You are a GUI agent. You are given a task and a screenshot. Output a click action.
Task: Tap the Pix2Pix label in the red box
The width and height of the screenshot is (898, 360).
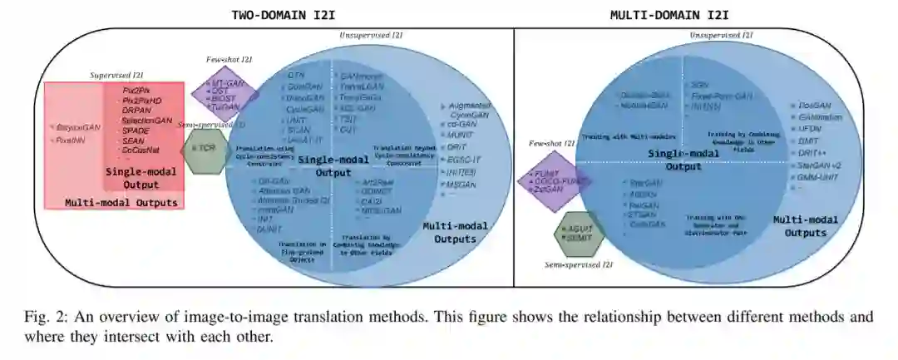[136, 89]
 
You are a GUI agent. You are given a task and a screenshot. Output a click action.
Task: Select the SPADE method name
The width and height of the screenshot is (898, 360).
[136, 131]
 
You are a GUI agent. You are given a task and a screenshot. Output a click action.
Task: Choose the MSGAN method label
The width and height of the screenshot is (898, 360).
[462, 183]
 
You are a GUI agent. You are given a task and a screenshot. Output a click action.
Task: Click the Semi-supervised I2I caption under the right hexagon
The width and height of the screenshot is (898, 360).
[579, 264]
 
